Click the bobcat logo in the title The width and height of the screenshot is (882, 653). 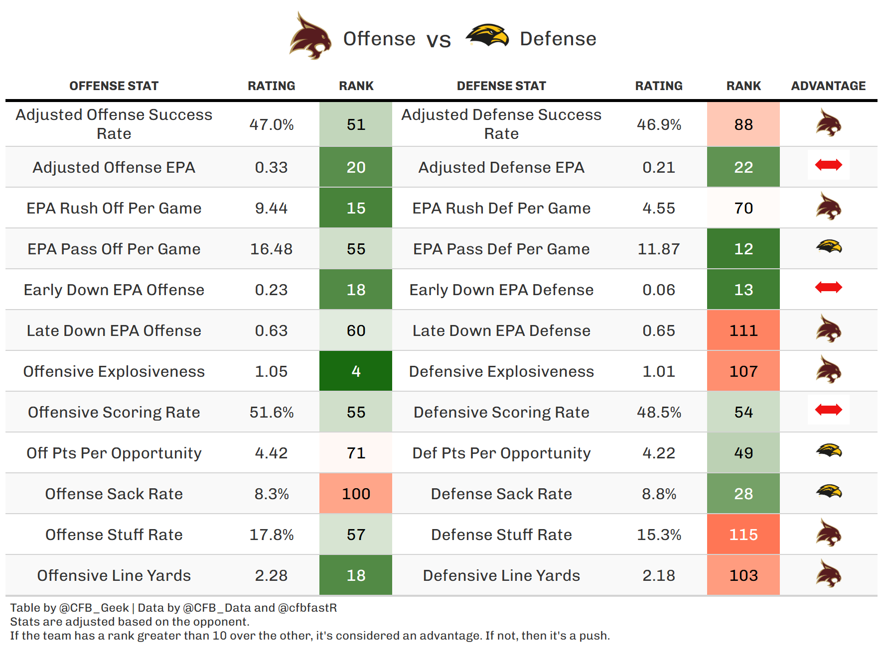point(310,37)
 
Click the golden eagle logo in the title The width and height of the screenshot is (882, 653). point(487,36)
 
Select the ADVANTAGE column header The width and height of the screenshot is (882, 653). point(828,86)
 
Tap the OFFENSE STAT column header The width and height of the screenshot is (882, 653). point(114,86)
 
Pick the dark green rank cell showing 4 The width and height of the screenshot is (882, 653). point(355,371)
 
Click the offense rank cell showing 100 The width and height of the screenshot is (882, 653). point(355,494)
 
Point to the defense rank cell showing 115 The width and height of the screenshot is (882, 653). point(743,535)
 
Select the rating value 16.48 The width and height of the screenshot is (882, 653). point(271,249)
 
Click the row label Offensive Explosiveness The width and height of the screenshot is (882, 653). point(114,371)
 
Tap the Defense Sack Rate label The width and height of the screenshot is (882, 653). point(501,494)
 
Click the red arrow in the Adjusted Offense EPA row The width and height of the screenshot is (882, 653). point(828,165)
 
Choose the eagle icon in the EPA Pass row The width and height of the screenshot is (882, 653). point(828,246)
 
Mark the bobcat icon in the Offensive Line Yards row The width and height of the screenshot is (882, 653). point(828,574)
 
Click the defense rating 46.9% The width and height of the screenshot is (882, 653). point(658,124)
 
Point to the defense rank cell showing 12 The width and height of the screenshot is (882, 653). point(743,249)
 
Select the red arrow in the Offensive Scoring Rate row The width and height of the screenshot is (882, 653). point(828,410)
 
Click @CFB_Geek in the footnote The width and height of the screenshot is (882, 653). point(94,608)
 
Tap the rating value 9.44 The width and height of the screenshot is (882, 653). point(271,208)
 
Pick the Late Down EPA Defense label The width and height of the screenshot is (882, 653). point(501,330)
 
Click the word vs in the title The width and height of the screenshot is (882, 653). point(439,40)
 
